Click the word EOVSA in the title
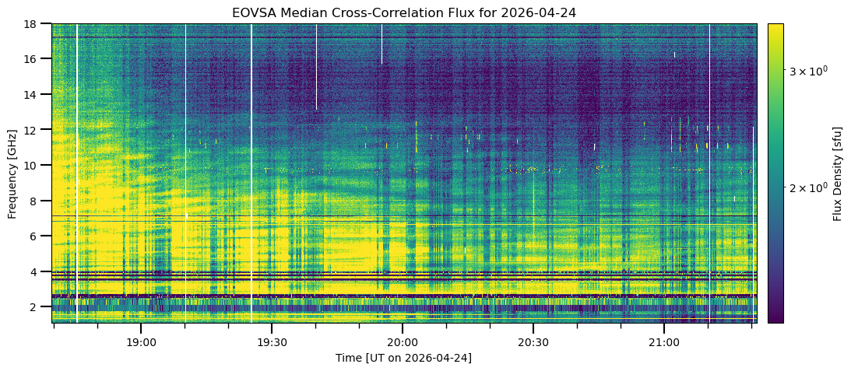250,12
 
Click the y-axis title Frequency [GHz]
12,173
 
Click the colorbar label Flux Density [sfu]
837,173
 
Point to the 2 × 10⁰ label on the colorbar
805,187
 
